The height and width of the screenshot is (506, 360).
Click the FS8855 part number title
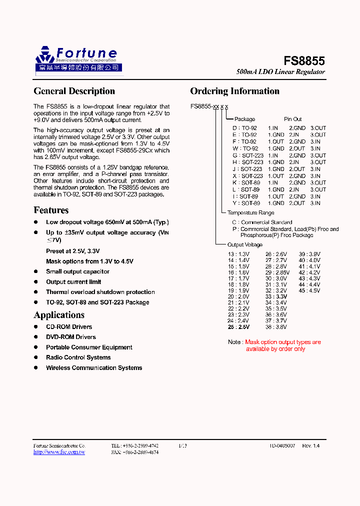click(x=304, y=61)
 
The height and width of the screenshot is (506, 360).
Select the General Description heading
click(x=74, y=91)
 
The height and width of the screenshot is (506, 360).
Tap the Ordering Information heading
click(x=234, y=91)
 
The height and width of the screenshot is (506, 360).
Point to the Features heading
click(x=51, y=210)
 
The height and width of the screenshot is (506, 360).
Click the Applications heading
click(x=59, y=315)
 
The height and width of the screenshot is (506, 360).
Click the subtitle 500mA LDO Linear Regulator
click(x=280, y=72)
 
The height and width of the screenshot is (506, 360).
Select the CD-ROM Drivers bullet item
click(x=69, y=327)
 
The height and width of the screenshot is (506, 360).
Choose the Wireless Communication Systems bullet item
click(x=94, y=368)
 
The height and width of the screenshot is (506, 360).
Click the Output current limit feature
click(x=73, y=282)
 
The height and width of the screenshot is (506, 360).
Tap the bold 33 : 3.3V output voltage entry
click(x=276, y=296)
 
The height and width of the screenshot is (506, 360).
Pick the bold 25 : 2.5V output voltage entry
click(x=238, y=327)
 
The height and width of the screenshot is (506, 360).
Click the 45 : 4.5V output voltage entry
click(x=309, y=290)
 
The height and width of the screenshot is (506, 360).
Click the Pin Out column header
click(x=293, y=119)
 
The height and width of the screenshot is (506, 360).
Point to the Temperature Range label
click(x=250, y=213)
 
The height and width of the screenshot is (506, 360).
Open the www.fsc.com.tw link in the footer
click(x=59, y=452)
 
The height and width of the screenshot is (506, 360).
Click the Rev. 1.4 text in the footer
click(x=310, y=445)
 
